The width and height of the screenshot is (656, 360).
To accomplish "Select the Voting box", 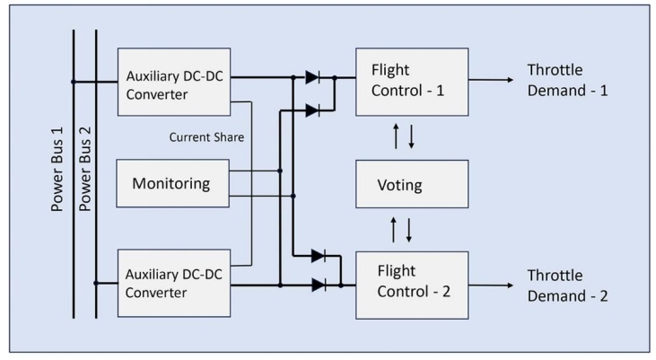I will [412, 184].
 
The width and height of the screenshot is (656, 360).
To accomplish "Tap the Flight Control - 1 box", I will [412, 80].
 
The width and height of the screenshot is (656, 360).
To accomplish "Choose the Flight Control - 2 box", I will [412, 285].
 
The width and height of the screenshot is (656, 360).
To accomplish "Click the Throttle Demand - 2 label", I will [566, 285].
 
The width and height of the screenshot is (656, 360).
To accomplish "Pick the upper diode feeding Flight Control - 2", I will [319, 256].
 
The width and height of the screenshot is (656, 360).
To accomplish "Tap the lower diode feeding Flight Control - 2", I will [319, 285].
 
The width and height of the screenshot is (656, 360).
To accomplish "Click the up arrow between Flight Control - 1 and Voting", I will [396, 136].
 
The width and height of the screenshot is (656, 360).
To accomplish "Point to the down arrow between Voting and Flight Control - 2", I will [410, 231].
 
